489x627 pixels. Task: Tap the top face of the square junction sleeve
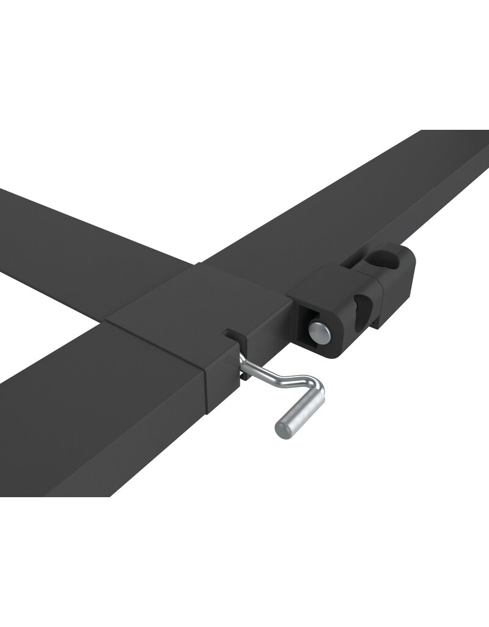coord(196,294)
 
